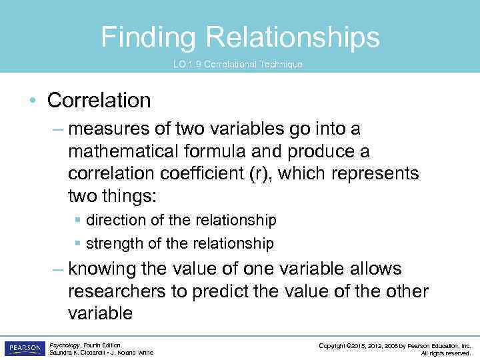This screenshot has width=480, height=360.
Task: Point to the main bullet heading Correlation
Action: [x=99, y=101]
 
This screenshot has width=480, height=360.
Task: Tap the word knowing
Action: [x=105, y=269]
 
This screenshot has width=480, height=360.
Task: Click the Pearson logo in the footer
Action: [x=24, y=348]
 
